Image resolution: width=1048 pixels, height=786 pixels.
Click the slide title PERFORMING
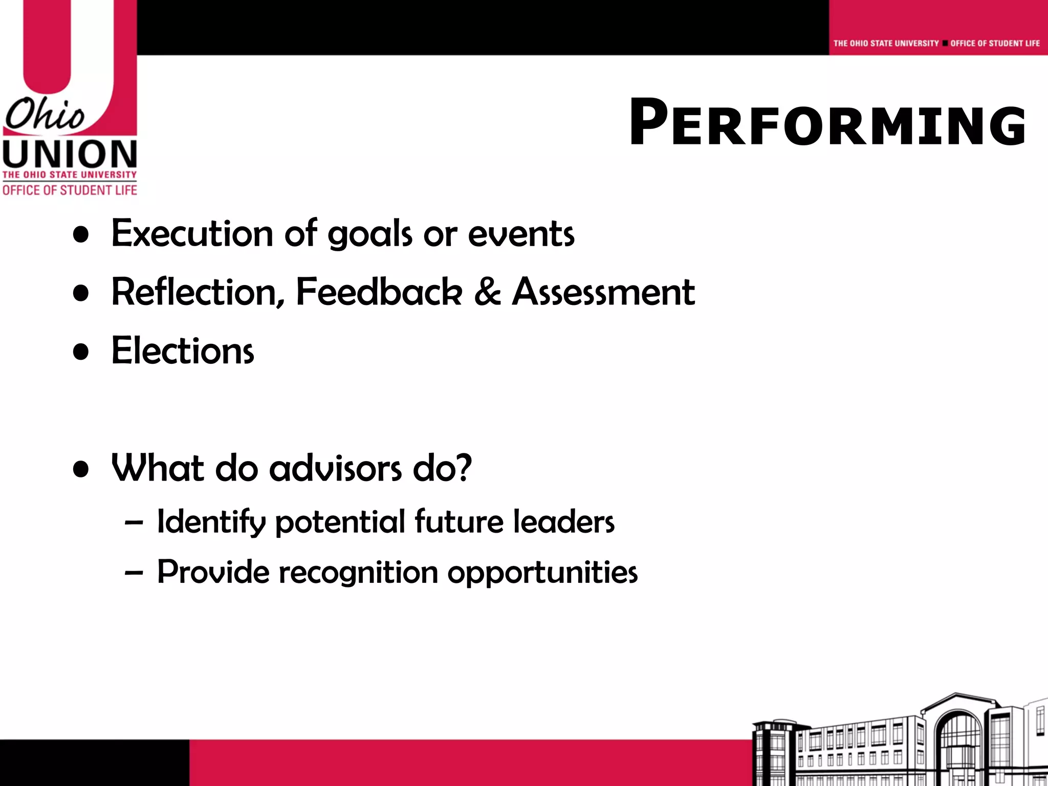(827, 123)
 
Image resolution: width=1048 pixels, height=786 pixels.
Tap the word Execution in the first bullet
(192, 234)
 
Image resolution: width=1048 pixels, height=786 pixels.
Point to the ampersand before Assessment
(487, 292)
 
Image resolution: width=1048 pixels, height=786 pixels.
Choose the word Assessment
(603, 292)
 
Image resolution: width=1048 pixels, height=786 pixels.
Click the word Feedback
(379, 292)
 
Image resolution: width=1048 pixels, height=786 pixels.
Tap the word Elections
(183, 351)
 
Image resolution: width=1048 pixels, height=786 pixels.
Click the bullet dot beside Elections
(81, 352)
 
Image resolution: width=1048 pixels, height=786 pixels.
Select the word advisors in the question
(335, 468)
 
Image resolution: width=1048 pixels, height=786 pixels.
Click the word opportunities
(542, 573)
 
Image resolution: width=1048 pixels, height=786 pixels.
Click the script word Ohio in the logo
(45, 115)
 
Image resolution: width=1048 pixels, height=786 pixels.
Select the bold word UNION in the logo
(70, 154)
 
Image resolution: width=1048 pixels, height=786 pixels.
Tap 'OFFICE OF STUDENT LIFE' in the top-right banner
(995, 43)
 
